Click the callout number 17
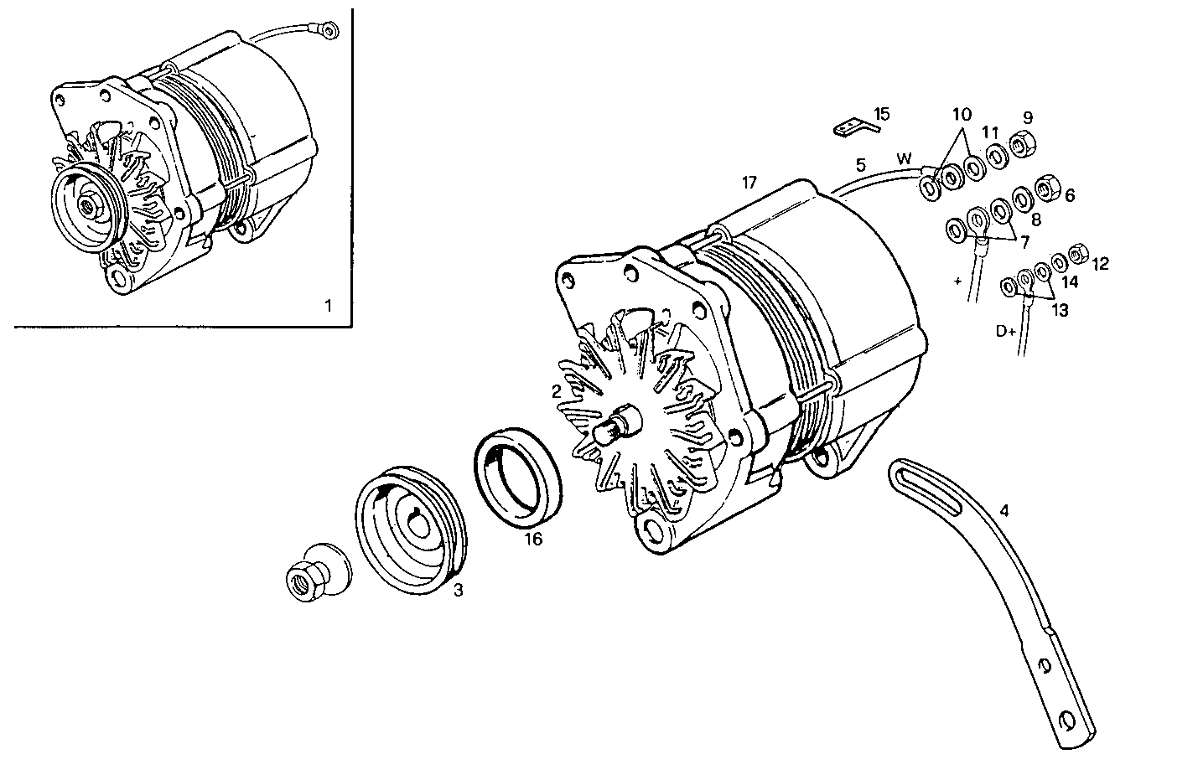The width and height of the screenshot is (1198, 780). (749, 182)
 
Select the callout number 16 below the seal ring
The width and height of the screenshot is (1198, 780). (533, 539)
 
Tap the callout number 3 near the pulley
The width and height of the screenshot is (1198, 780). (458, 591)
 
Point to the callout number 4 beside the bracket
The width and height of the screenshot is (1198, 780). (1004, 509)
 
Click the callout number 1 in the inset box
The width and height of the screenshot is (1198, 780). (329, 306)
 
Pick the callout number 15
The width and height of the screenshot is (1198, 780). (881, 114)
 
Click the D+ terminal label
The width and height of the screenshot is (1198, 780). (1006, 331)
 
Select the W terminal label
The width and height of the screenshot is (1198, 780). (904, 158)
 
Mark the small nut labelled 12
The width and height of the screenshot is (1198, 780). (1079, 251)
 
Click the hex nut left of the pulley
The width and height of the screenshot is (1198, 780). (302, 580)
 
